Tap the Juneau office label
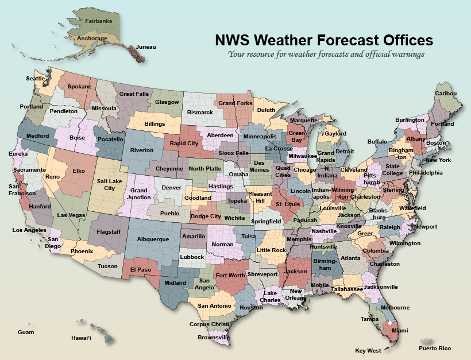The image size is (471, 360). point(146,47)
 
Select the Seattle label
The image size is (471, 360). point(36,79)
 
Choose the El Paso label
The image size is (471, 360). point(140,269)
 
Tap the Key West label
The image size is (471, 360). point(368,350)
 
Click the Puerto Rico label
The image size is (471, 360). point(435,349)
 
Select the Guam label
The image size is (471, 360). point(26,332)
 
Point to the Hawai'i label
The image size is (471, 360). point(81,338)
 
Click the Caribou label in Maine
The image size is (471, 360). point(445,94)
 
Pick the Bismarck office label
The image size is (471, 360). point(200,113)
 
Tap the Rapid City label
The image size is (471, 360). point(184,144)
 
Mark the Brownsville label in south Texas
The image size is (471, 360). point(213,338)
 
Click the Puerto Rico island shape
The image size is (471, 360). point(426,341)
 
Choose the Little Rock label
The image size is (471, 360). point(271,250)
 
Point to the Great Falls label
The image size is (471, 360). point(134,94)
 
